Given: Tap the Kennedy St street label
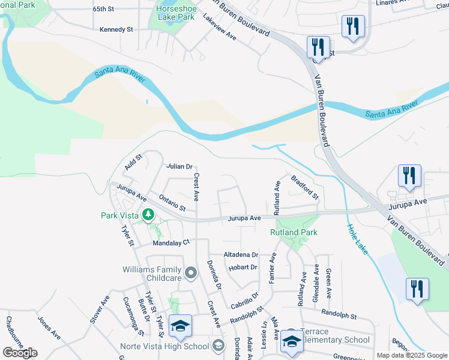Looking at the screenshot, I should click(x=116, y=29).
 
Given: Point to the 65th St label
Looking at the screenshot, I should click(x=103, y=10).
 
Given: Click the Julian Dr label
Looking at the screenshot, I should click(x=179, y=166).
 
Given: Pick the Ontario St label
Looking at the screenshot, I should click(x=172, y=202).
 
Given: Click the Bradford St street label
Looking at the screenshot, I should click(x=305, y=187).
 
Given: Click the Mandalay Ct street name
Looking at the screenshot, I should click(x=171, y=243).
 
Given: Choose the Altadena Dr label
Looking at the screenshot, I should click(x=240, y=255).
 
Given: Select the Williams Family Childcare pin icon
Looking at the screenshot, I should click(x=191, y=274).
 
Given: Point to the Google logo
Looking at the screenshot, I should click(x=20, y=353).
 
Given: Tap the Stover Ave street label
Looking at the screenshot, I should click(x=100, y=309).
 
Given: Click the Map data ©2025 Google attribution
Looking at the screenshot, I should click(x=411, y=355).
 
